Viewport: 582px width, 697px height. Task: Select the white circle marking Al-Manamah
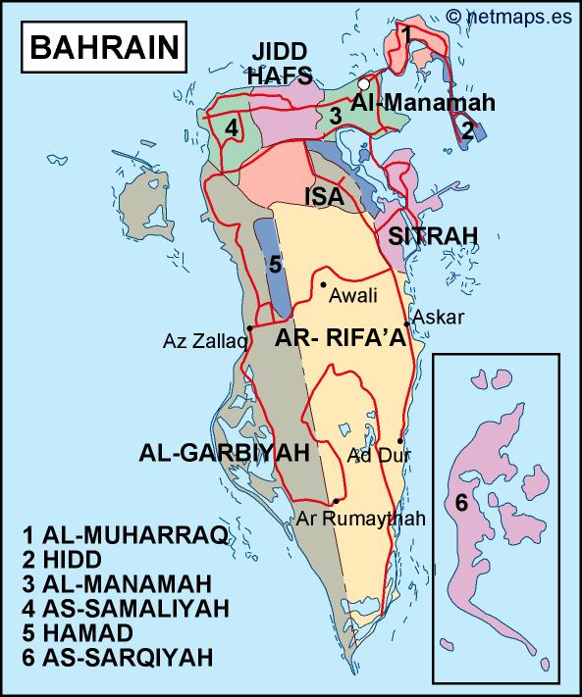point(365,84)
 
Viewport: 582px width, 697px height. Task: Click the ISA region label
point(324,197)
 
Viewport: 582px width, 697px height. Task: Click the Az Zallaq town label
point(203,341)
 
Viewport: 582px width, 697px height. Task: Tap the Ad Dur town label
point(374,455)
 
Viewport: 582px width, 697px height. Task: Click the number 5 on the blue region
point(276,264)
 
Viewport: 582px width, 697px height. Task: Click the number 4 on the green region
point(232,127)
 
